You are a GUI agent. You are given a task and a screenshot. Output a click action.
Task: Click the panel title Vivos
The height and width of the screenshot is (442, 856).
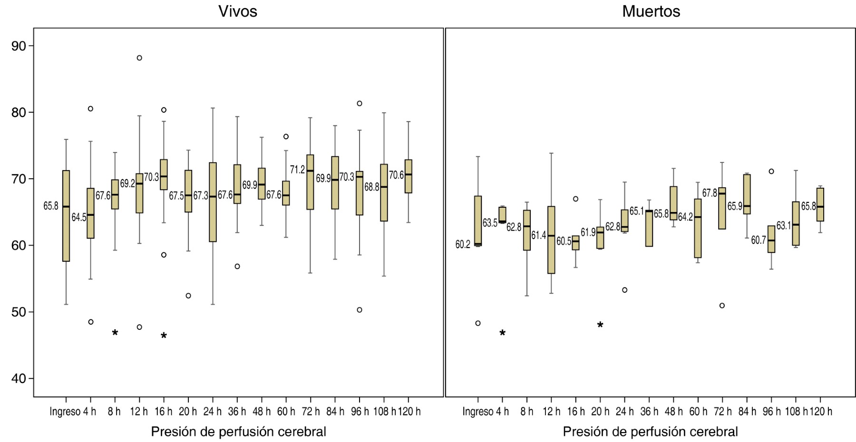[238, 11]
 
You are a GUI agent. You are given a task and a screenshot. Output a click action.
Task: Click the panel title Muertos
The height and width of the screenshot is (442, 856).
[651, 11]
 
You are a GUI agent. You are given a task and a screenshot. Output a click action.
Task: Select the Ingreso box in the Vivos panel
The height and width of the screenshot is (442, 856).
[66, 216]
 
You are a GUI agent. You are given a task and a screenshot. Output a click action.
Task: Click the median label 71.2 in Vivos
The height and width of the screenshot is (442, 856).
[297, 170]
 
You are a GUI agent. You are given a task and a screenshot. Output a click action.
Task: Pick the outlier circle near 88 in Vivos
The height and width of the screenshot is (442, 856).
[139, 58]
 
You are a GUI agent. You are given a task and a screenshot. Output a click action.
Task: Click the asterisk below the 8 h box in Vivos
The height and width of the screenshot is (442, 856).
[115, 333]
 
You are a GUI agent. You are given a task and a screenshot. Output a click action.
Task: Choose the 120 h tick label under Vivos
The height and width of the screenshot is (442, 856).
[409, 412]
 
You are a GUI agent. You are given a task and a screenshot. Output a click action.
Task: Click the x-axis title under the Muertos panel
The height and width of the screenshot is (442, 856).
[650, 432]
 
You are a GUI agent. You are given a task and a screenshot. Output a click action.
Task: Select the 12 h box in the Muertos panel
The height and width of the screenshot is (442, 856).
[551, 240]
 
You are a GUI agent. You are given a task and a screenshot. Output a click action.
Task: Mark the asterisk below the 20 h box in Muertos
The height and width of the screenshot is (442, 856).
[600, 326]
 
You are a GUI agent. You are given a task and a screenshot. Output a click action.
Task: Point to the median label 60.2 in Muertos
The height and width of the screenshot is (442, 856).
[463, 245]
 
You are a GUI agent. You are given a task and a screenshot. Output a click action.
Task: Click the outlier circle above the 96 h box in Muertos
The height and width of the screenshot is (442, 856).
[771, 172]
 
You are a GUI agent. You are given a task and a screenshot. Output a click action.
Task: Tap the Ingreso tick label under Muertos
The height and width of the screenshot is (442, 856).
[478, 412]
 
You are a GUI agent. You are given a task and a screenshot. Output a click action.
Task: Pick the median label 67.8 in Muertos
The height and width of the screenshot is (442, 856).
[710, 193]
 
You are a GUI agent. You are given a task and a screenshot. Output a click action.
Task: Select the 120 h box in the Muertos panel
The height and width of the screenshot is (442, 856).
[820, 205]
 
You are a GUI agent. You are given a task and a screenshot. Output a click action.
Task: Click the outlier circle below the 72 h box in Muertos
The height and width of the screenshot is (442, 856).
[722, 306]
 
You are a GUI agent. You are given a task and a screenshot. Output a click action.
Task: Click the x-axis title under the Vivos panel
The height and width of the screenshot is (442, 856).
[238, 432]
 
